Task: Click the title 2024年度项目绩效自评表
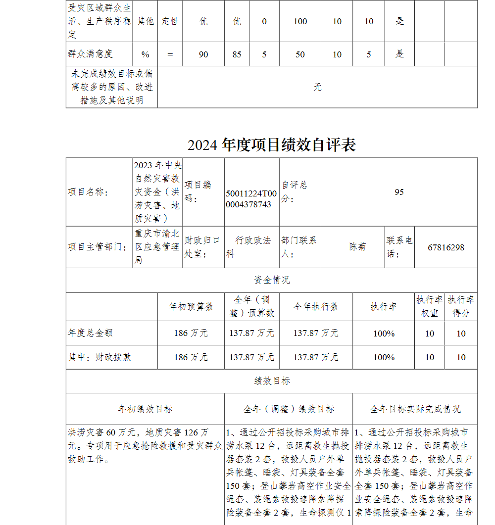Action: (271, 145)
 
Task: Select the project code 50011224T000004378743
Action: (251, 199)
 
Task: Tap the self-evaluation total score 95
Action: (399, 192)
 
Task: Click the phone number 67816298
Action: (446, 247)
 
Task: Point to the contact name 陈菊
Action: (357, 247)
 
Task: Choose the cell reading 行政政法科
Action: (251, 247)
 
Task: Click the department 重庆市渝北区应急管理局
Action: (157, 246)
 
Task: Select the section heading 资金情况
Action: (272, 280)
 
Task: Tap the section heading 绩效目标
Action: (272, 381)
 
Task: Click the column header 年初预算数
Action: (191, 307)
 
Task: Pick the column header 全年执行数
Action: (316, 307)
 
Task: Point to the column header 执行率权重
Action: (429, 306)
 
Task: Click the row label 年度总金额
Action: (90, 333)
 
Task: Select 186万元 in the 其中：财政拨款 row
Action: (191, 357)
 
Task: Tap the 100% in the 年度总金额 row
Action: (384, 333)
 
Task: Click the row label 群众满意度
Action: (90, 54)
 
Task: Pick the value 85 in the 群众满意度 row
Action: (237, 54)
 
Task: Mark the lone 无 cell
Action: (317, 87)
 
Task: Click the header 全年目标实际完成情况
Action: (415, 409)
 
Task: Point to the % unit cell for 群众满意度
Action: (145, 54)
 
